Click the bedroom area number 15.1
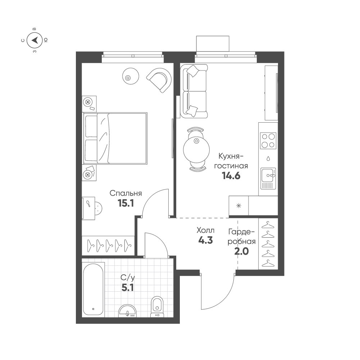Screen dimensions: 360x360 126,203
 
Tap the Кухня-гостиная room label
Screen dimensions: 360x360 231,161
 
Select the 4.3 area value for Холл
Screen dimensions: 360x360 205,240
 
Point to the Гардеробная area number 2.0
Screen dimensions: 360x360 242,251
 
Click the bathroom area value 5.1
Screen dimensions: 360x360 128,287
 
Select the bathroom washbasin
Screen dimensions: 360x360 127,311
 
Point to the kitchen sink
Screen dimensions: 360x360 268,178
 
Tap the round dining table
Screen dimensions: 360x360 196,150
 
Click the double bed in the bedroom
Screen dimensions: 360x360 115,138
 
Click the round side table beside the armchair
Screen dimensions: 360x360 131,76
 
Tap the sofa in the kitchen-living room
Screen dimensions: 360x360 194,91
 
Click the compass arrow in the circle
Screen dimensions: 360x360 35,40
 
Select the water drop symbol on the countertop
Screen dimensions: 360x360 268,158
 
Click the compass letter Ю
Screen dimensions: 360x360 46,40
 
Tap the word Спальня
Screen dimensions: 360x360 126,193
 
